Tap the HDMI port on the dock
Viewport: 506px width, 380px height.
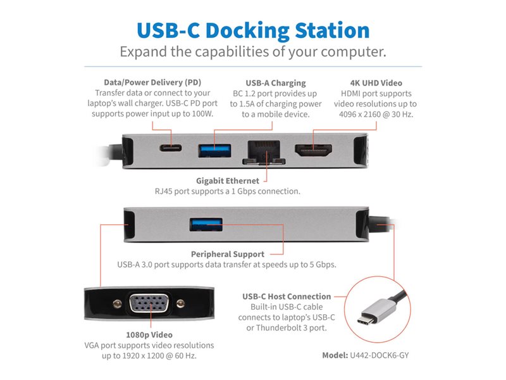314,151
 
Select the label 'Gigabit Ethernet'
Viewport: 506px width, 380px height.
228,180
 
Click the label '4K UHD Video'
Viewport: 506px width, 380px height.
376,83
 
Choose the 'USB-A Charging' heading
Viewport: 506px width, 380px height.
275,83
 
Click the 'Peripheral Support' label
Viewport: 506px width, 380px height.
226,254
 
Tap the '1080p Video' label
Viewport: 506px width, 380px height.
149,334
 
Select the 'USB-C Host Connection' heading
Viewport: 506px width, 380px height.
287,296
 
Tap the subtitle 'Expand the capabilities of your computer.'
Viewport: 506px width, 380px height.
253,51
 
